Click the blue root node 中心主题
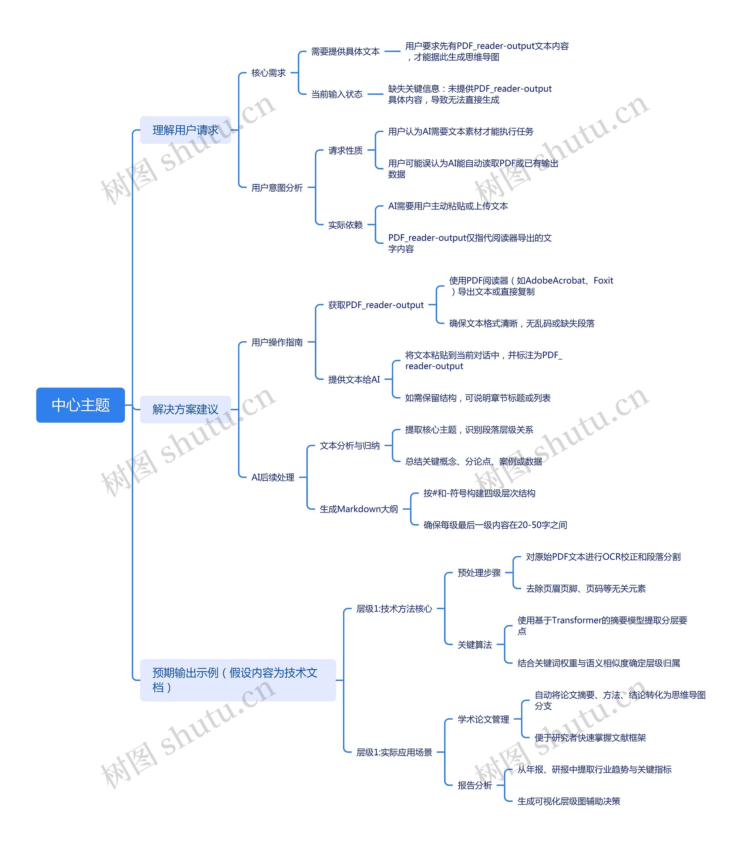coord(80,405)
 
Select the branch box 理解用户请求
coord(186,130)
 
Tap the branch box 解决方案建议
coord(186,409)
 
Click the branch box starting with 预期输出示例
coord(238,680)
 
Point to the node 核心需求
coord(269,73)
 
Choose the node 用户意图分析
coord(277,188)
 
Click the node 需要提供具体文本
coord(345,51)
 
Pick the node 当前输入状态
coord(337,94)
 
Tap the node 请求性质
coord(345,150)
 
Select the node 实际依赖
coord(345,225)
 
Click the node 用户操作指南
coord(277,342)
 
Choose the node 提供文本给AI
coord(354,380)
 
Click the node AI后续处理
coord(273,477)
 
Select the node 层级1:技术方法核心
coord(394,609)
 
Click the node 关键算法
coord(475,645)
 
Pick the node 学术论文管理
coord(483,719)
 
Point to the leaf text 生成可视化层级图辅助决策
coord(569,801)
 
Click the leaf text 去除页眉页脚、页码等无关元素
coord(586,589)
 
